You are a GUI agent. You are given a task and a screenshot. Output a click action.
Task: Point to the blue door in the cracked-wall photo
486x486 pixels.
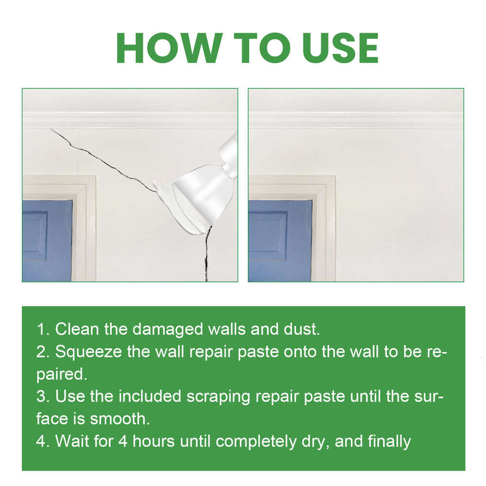click(46, 241)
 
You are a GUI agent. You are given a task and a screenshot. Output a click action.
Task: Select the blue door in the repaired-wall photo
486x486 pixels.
click(279, 241)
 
